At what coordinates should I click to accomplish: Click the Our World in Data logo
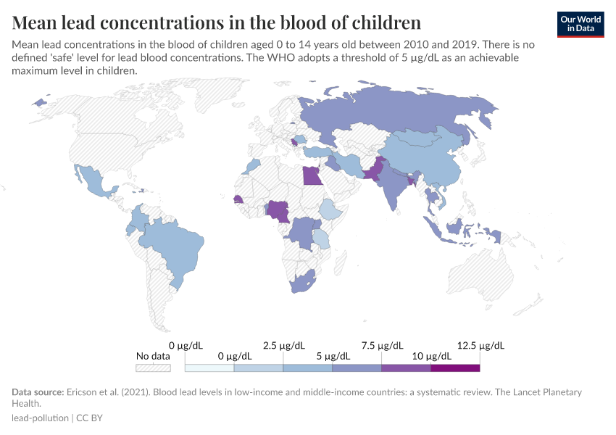[x=580, y=24]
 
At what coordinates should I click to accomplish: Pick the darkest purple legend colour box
[x=455, y=368]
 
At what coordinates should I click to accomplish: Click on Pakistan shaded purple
[x=372, y=172]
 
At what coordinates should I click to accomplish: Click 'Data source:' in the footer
[x=38, y=392]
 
